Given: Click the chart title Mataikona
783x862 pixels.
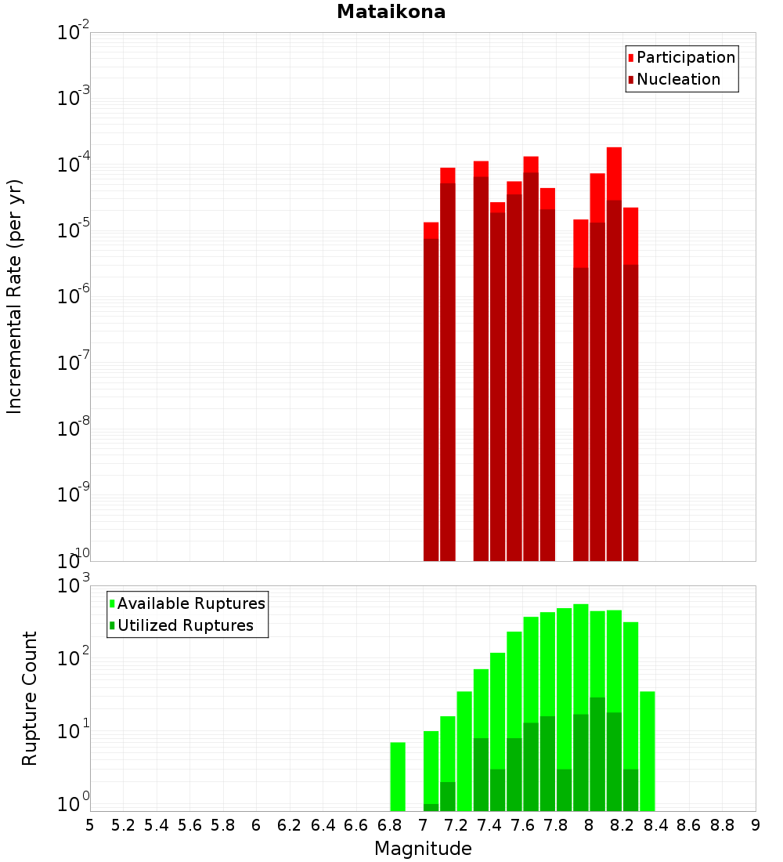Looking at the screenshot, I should pos(391,12).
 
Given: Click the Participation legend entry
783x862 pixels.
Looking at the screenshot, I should pos(685,57).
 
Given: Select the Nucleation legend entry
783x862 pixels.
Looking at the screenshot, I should pos(677,79).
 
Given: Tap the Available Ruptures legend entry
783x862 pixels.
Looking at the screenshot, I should pos(190,603).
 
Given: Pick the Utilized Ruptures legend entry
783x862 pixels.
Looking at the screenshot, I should pos(185,625).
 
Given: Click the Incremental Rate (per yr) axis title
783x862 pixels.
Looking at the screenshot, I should pos(15,296).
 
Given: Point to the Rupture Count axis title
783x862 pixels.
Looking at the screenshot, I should pos(30,697).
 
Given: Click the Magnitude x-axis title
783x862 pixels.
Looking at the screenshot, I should pos(423,849).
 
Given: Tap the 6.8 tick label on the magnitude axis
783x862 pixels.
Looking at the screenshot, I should pos(389,826).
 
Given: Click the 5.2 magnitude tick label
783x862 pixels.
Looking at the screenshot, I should pos(123,826).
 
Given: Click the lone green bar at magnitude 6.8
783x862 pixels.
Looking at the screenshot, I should pos(398,776).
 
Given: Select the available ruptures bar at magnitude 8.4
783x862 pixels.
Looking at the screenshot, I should pos(648,751).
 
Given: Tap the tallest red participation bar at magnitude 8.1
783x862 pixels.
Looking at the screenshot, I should pos(614,172).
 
